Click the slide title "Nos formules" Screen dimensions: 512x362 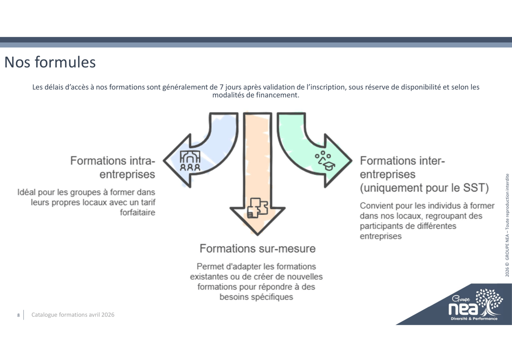tap(50, 62)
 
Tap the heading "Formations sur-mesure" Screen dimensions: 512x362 tap(258, 248)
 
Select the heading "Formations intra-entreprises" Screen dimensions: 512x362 tap(113, 168)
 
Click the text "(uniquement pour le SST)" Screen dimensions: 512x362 tap(424, 188)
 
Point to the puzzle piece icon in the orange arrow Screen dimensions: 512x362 tap(258, 208)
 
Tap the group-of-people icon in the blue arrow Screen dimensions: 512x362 tap(190, 161)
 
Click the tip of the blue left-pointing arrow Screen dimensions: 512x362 tap(163, 160)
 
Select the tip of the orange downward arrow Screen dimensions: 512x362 tap(258, 235)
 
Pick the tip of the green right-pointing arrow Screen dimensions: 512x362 tap(352, 160)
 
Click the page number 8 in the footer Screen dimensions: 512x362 tap(19, 315)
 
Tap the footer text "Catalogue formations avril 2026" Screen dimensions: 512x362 tap(73, 315)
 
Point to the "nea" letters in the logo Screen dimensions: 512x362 tap(463, 309)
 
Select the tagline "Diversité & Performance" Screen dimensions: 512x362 tap(474, 319)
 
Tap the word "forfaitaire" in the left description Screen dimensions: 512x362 tap(138, 213)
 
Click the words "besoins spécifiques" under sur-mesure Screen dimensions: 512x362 tap(256, 297)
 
